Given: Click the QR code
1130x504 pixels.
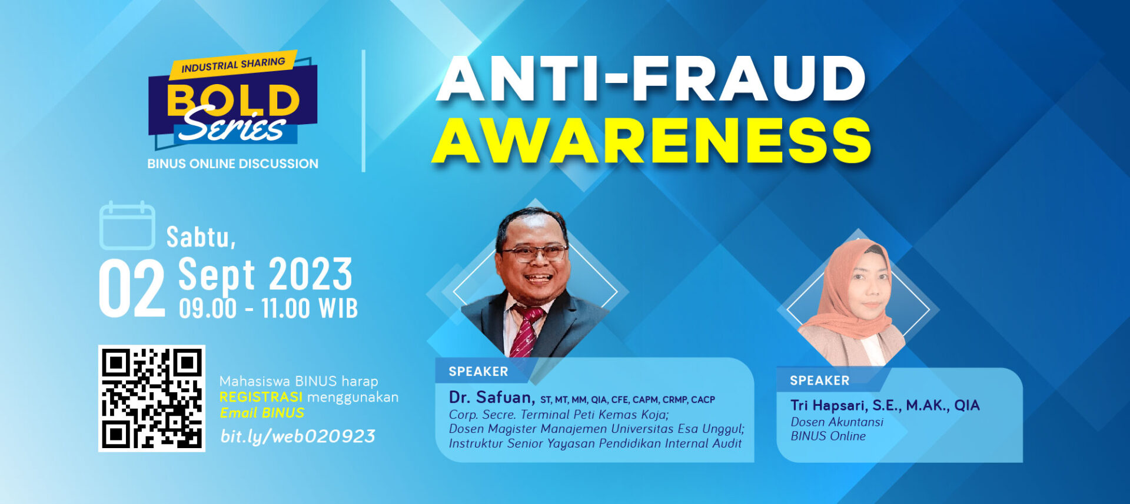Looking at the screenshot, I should pyautogui.click(x=151, y=398).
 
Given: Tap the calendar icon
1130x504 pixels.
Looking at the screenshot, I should pyautogui.click(x=127, y=226).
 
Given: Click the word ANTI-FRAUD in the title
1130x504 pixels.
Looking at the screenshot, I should pyautogui.click(x=650, y=79).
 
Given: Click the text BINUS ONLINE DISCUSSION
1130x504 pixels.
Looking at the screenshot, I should pyautogui.click(x=232, y=164).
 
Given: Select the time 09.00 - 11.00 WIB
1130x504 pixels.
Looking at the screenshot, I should pyautogui.click(x=268, y=309).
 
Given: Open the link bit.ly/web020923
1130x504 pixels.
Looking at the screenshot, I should pyautogui.click(x=297, y=436).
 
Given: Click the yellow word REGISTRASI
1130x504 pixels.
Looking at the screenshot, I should pyautogui.click(x=261, y=397).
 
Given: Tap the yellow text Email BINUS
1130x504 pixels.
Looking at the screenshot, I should pyautogui.click(x=262, y=413).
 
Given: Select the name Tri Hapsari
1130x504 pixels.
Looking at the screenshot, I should pyautogui.click(x=827, y=405).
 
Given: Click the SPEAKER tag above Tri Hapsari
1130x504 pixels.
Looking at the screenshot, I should pyautogui.click(x=819, y=380).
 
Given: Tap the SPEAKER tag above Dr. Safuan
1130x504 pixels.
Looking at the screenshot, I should pyautogui.click(x=478, y=372).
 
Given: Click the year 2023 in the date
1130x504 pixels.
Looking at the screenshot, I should pyautogui.click(x=311, y=275).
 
